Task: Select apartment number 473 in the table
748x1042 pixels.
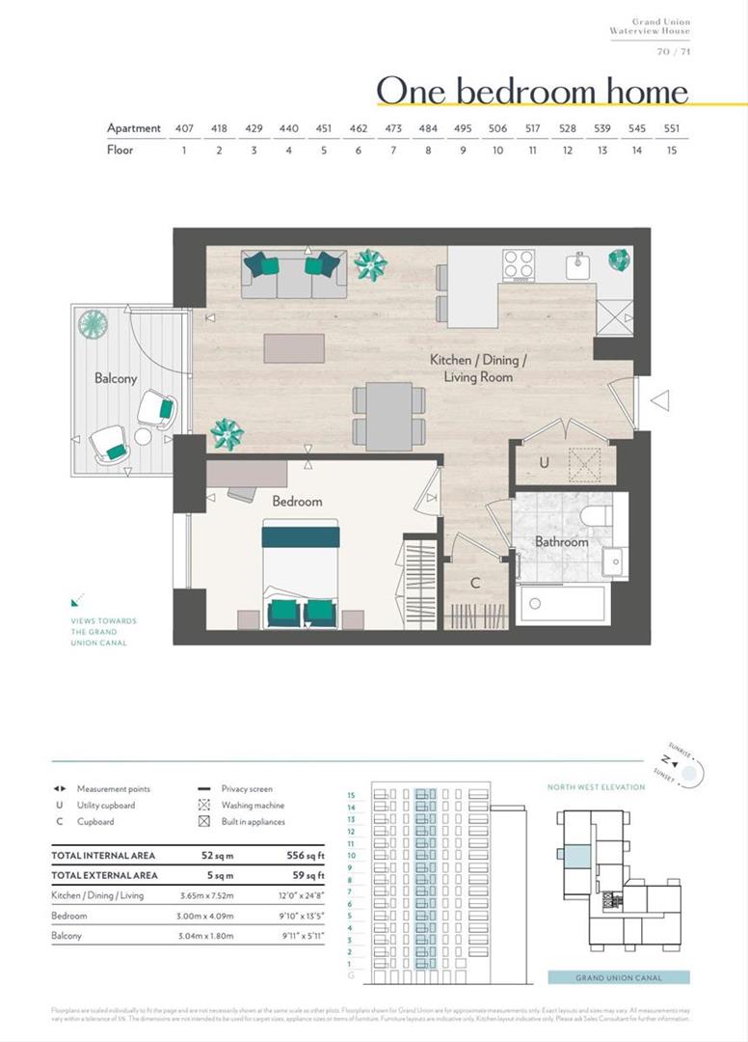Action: click(393, 128)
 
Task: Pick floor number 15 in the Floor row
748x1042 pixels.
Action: click(671, 151)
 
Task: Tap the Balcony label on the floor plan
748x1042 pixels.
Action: click(115, 379)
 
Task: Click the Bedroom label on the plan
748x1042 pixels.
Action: click(297, 502)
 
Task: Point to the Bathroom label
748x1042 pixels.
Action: click(561, 542)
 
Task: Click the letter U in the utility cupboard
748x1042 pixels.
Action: click(544, 463)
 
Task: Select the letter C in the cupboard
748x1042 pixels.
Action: click(475, 584)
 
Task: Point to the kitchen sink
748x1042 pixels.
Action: click(579, 261)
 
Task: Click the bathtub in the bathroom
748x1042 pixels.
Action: click(561, 606)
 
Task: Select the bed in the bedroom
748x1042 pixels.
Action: click(301, 574)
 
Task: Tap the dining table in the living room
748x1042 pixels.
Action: click(389, 415)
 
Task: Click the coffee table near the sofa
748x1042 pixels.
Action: click(294, 348)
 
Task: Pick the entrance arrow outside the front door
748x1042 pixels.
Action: click(660, 400)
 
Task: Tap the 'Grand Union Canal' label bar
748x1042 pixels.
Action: click(618, 977)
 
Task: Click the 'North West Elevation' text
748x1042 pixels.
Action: click(597, 787)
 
